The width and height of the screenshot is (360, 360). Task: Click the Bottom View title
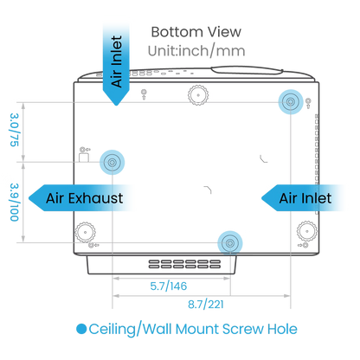point(196,32)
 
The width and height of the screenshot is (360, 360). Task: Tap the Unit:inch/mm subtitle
point(196,51)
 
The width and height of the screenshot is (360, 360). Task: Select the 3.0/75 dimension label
point(15,130)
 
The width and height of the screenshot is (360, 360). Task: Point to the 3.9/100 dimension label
point(15,202)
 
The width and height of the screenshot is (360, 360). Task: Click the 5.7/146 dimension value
point(169,286)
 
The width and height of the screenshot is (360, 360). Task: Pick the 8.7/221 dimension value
point(206,305)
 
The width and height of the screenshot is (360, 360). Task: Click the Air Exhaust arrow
point(80,198)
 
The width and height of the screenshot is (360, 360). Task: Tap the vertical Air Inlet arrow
point(116,65)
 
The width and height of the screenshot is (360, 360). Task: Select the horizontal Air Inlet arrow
point(303,198)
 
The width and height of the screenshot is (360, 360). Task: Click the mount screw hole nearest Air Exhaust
point(112,162)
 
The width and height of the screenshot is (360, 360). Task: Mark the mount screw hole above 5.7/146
point(230,243)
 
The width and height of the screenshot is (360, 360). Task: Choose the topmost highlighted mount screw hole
point(291,102)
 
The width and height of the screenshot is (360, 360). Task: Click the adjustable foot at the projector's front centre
point(198,95)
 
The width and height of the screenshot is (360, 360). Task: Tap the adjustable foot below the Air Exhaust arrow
point(86,232)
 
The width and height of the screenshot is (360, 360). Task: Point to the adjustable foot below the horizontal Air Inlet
point(307,231)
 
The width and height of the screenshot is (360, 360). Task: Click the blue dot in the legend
point(81,329)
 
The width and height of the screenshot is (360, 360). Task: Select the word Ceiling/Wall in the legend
point(131,329)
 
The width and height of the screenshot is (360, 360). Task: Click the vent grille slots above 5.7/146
point(184,264)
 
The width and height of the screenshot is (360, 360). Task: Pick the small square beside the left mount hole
point(84,157)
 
